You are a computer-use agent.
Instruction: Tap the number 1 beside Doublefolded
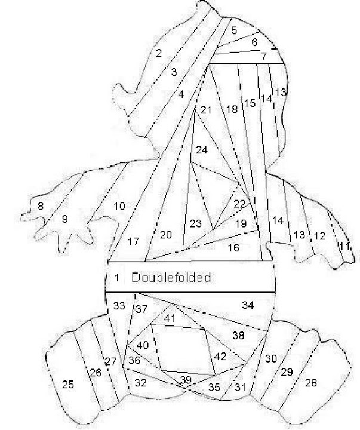click(117, 278)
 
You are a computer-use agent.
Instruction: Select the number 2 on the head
click(159, 53)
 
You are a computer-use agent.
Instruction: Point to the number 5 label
click(234, 30)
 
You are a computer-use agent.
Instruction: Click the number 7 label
click(263, 57)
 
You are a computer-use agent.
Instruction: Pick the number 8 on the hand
click(41, 207)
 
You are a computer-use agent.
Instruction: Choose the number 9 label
click(64, 219)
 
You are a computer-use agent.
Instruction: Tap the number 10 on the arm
click(119, 207)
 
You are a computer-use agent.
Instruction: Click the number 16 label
click(233, 247)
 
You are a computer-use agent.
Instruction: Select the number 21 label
click(206, 110)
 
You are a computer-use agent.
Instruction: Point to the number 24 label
click(202, 150)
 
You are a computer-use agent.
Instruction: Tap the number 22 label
click(239, 204)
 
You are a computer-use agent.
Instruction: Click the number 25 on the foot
click(68, 385)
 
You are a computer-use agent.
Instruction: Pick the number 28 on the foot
click(310, 383)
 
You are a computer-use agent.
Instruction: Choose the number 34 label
click(248, 305)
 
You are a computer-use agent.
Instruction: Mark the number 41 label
click(170, 318)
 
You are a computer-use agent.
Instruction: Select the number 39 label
click(186, 380)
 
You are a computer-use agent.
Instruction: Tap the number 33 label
click(119, 306)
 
